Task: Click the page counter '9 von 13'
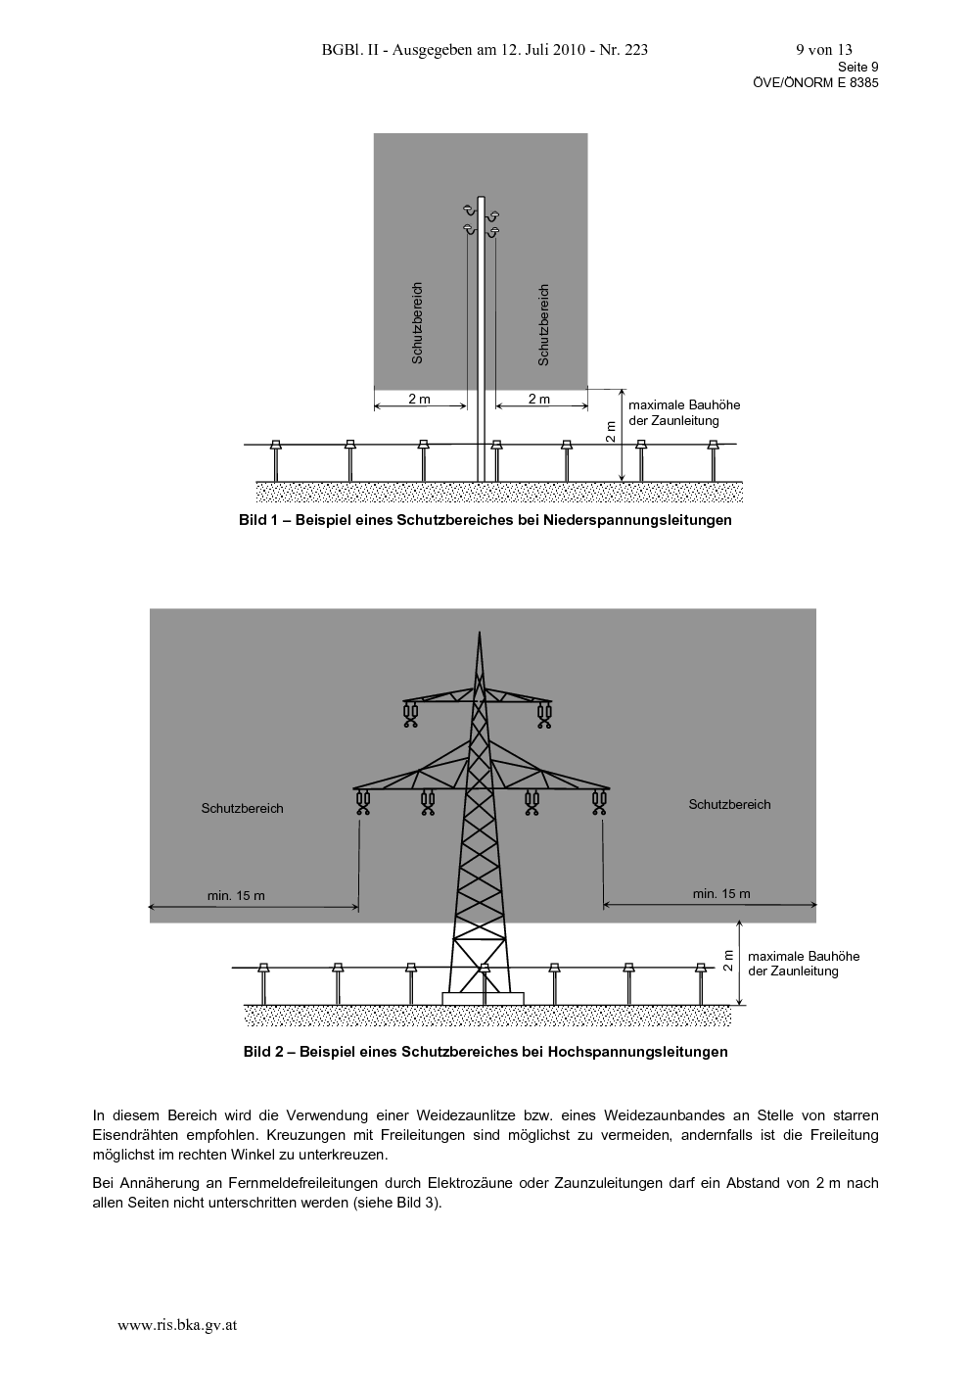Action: [824, 50]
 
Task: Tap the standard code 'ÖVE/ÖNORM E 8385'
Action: [815, 83]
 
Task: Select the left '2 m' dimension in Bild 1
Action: [420, 399]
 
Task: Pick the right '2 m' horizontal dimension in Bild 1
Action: [539, 399]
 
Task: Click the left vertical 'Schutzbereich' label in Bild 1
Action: [417, 323]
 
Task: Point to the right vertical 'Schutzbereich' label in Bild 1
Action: [543, 325]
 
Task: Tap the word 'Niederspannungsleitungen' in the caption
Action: [637, 520]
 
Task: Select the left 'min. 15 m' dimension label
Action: [236, 895]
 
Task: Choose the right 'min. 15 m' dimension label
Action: [721, 894]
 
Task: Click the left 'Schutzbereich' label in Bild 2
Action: [242, 809]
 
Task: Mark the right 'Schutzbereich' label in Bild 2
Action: [729, 805]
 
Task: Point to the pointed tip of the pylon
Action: [480, 633]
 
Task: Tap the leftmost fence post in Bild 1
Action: [276, 461]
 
